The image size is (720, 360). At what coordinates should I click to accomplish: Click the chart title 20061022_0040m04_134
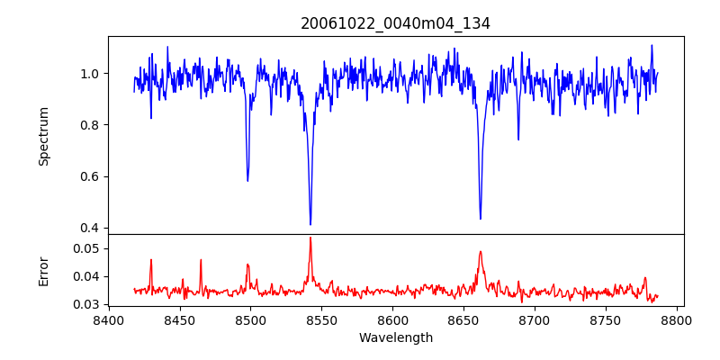coord(395,24)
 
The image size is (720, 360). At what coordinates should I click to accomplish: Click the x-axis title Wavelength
coord(395,338)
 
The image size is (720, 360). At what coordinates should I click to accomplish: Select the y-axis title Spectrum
coord(43,136)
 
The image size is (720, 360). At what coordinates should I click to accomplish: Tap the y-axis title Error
coord(43,270)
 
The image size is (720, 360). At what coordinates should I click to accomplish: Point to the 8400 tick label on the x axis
coord(109,320)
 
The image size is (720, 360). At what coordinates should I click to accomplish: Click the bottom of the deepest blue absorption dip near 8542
coord(310,224)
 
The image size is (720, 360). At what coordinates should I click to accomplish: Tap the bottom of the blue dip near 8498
coord(247,181)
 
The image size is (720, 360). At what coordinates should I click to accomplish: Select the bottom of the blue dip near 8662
coord(480,219)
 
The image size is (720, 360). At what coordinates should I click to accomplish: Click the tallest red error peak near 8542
coord(310,238)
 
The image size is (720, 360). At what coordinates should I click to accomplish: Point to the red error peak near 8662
coord(481,252)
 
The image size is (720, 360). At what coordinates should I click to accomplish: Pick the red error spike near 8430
coord(151,260)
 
